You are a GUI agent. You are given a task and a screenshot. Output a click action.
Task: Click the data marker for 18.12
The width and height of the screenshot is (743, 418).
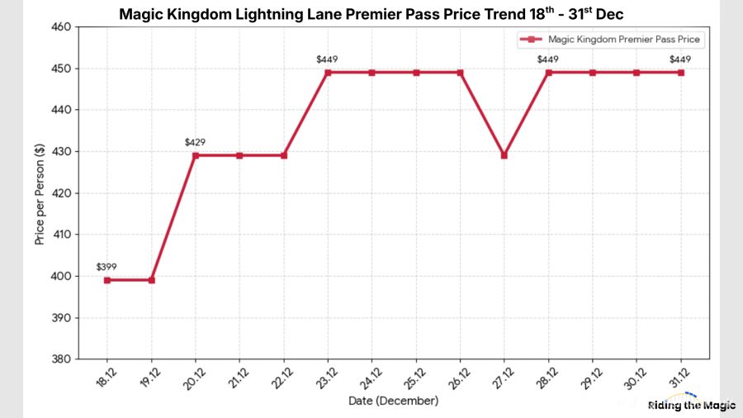click(x=106, y=280)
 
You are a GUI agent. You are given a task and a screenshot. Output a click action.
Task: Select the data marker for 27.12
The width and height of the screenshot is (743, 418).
click(x=504, y=155)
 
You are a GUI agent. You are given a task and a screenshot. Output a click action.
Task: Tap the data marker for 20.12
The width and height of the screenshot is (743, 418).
click(x=195, y=155)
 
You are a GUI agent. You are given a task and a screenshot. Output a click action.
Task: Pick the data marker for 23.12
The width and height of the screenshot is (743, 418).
click(x=328, y=73)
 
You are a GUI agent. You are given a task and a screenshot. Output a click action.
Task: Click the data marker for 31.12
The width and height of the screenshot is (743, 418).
click(x=681, y=73)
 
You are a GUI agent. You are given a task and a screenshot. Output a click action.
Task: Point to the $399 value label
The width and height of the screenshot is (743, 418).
click(x=106, y=267)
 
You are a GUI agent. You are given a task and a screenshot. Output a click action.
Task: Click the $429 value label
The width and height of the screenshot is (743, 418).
click(x=195, y=142)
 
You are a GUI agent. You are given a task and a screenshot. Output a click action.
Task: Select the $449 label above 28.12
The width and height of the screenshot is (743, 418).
click(x=548, y=59)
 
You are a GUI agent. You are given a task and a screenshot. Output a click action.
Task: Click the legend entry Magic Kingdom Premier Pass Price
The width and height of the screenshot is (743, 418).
click(x=624, y=40)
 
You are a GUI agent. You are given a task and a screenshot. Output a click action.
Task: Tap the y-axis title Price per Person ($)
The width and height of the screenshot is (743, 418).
click(x=39, y=192)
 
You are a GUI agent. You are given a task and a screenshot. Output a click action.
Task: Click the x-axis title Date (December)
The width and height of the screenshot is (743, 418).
click(x=393, y=401)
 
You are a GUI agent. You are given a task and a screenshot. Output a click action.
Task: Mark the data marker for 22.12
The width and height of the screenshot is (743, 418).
click(x=283, y=155)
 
